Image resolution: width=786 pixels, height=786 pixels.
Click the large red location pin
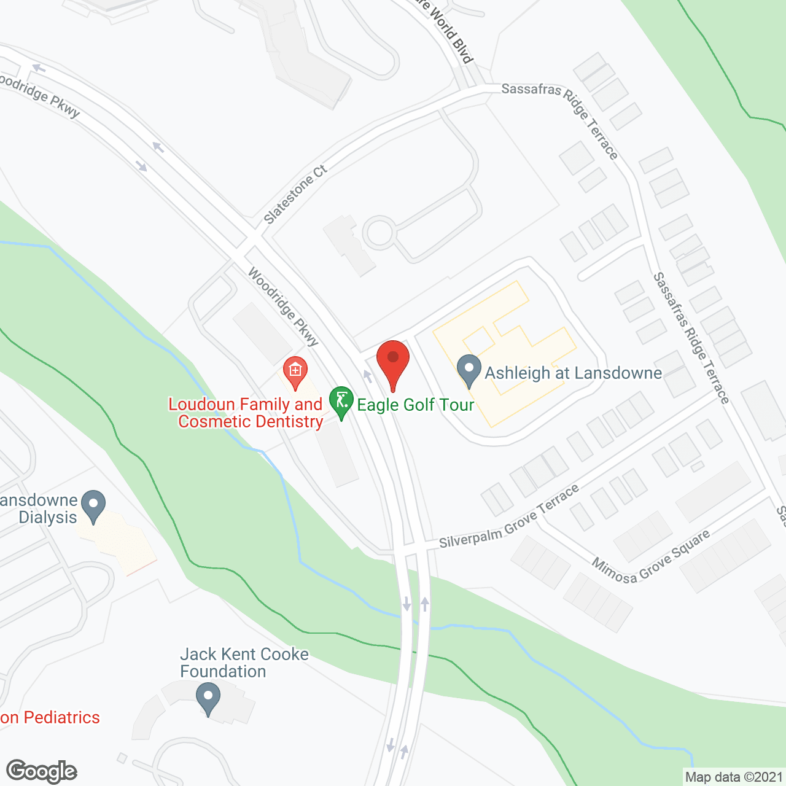tap(392, 362)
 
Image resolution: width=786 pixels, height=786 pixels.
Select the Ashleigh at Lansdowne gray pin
tap(470, 370)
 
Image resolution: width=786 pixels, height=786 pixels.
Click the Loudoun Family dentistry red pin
tap(295, 372)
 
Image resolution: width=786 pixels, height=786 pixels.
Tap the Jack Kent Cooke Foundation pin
tap(208, 699)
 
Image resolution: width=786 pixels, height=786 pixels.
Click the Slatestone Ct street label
tap(295, 195)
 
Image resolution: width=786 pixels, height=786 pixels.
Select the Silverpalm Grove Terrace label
tap(509, 517)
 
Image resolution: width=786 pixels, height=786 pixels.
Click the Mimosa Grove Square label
tap(650, 556)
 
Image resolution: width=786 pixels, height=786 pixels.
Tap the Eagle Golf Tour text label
tap(416, 405)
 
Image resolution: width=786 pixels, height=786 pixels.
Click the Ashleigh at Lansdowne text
tap(573, 373)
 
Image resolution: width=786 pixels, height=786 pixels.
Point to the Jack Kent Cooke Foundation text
tap(244, 663)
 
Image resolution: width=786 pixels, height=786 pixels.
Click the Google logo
tap(41, 771)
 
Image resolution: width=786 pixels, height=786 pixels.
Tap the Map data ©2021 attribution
tap(734, 777)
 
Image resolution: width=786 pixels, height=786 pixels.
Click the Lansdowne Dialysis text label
tap(41, 508)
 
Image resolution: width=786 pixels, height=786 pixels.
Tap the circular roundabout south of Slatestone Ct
tap(379, 233)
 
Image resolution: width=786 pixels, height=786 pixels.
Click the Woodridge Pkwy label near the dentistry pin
tap(283, 306)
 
